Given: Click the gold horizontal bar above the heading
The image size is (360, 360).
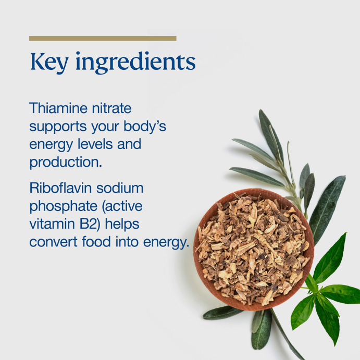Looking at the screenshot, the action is coord(103,39).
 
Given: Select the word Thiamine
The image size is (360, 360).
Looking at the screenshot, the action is coord(58,108).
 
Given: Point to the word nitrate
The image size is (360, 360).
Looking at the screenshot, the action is coord(111,108).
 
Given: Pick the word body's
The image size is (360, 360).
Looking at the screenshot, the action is coord(145,126).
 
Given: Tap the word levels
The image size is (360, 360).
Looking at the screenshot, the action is coord(95,144).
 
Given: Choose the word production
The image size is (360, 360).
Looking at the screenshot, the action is coord(66,163).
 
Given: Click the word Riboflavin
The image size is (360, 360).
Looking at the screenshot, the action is coord(60,188).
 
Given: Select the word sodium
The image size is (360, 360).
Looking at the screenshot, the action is coord(120,188).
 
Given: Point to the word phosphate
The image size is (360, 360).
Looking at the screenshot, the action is coord(64,207).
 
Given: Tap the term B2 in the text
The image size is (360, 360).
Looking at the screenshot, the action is coord(90,224).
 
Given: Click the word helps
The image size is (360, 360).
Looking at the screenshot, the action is coord(122,225).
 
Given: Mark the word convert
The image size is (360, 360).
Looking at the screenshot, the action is coord(53,242).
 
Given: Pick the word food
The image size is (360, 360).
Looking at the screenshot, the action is coord(96,242).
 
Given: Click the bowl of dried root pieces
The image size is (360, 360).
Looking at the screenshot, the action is coord(254,250).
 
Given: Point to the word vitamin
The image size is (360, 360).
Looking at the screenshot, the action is coord(52,224).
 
